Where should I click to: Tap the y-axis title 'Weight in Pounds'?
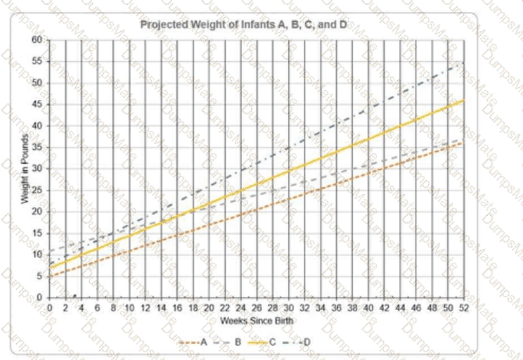tap(24, 169)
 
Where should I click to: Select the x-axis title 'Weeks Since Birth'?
tap(256, 321)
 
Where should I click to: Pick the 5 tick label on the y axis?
tap(39, 276)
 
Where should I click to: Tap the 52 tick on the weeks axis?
tap(464, 308)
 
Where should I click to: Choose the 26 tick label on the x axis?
tap(257, 308)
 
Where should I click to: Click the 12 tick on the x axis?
tap(145, 308)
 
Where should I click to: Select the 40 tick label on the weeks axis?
tap(368, 308)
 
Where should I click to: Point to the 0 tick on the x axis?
tap(49, 308)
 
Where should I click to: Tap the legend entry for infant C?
tap(271, 342)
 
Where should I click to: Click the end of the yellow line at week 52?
tap(464, 100)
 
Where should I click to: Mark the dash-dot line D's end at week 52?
tap(464, 62)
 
